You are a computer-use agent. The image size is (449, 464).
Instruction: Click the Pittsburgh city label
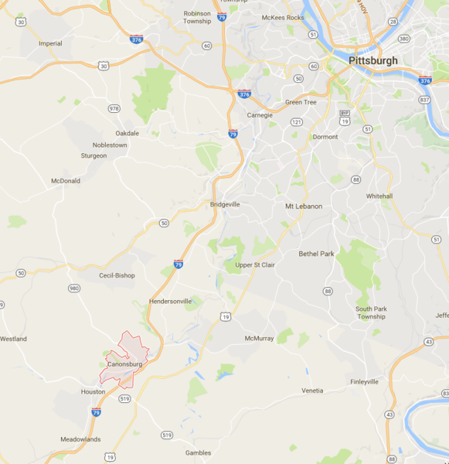click(x=373, y=60)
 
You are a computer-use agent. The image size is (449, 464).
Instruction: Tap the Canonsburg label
click(x=124, y=363)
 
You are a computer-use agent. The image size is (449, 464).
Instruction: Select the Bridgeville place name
click(x=226, y=205)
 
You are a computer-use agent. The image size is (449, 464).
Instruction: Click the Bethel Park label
click(x=318, y=254)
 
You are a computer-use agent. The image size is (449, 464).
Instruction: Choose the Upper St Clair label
click(x=255, y=264)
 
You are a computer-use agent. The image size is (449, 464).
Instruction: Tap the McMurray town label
click(x=260, y=339)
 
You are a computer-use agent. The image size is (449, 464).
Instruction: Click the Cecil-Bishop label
click(x=117, y=275)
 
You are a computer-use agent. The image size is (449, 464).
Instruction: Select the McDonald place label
click(x=66, y=181)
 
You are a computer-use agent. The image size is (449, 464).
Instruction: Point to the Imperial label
click(x=50, y=43)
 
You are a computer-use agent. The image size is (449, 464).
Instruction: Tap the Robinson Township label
click(x=197, y=17)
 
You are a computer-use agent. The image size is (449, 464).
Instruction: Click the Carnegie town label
click(x=260, y=115)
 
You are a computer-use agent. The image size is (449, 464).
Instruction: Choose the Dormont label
click(x=325, y=137)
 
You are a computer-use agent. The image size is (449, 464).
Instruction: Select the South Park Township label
click(x=371, y=312)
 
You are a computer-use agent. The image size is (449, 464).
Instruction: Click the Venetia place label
click(x=312, y=391)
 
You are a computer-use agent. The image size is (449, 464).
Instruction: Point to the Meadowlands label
click(x=81, y=439)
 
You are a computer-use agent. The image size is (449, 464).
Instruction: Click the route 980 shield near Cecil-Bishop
click(x=74, y=288)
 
